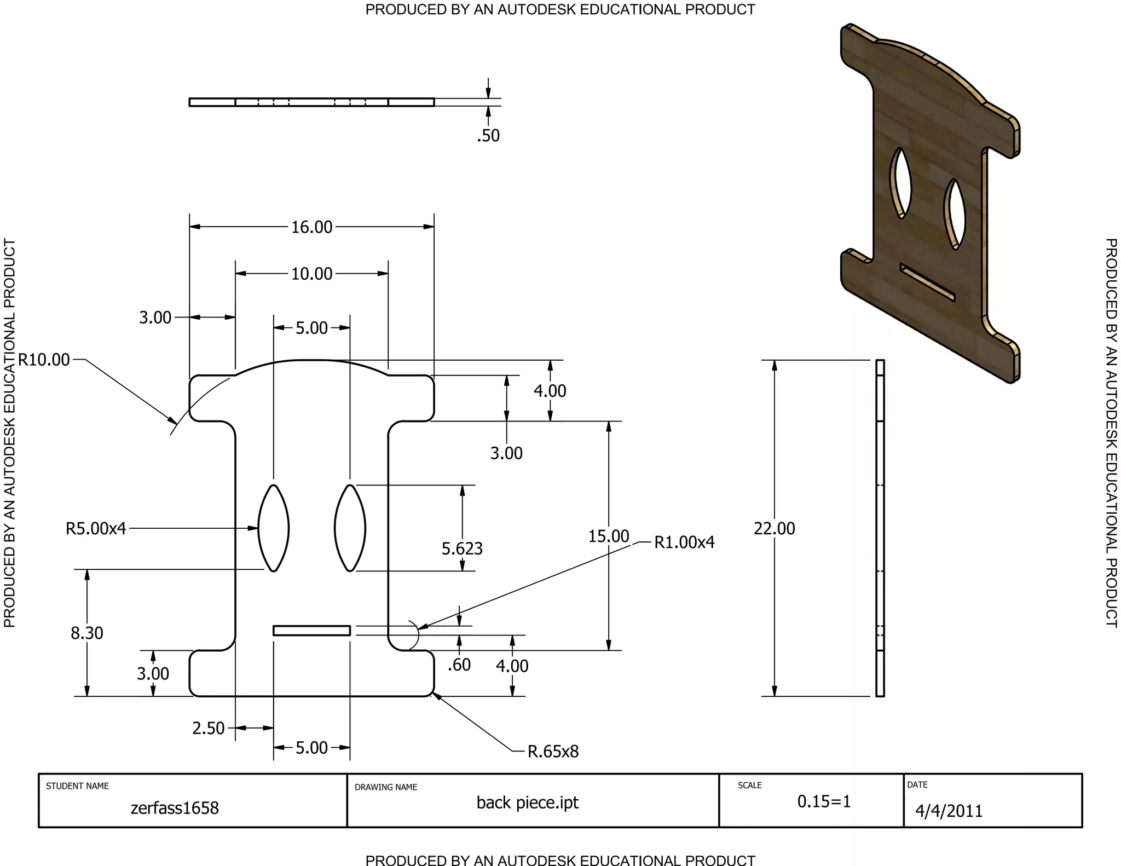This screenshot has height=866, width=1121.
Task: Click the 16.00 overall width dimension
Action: click(311, 227)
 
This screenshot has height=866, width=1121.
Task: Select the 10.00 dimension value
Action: click(311, 274)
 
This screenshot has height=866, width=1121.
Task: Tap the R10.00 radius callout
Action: click(44, 360)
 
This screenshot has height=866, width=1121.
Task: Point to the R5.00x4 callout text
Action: click(96, 528)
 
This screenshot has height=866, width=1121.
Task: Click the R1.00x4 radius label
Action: click(684, 542)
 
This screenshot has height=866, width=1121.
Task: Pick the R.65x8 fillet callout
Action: click(553, 751)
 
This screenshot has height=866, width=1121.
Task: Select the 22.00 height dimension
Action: click(774, 528)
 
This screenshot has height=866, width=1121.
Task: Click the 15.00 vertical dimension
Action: click(608, 536)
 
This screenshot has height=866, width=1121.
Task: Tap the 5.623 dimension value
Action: click(462, 548)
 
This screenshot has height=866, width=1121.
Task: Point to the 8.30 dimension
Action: click(86, 633)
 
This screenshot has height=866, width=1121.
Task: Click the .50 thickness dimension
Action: click(488, 135)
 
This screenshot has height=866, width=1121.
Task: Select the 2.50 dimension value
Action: click(208, 728)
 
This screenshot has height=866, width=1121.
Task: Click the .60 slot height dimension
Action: click(459, 665)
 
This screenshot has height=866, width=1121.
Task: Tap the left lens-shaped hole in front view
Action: click(273, 528)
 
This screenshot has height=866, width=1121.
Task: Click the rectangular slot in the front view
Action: click(311, 631)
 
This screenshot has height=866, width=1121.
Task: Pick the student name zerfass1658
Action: click(175, 808)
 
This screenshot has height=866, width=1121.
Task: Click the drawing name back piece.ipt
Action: click(527, 803)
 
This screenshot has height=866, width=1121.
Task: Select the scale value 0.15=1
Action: click(824, 801)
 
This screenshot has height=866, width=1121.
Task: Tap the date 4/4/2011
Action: click(949, 811)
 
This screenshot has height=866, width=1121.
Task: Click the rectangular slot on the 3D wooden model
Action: click(927, 282)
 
